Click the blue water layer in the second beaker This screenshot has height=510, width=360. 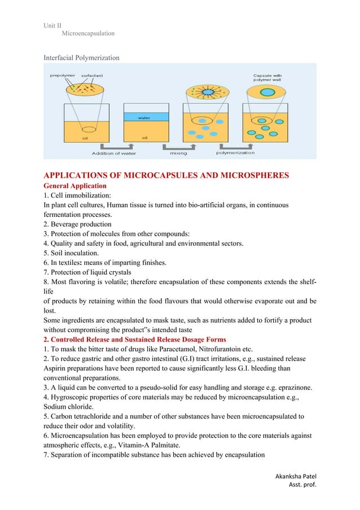tap(144, 117)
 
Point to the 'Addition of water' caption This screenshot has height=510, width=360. tap(114, 152)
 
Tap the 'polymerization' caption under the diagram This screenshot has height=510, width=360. tap(235, 152)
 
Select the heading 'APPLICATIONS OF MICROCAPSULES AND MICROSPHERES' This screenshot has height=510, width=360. tap(166, 176)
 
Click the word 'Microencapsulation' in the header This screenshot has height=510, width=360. tap(88, 33)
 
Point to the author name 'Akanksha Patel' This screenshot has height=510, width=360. tap(293, 476)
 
